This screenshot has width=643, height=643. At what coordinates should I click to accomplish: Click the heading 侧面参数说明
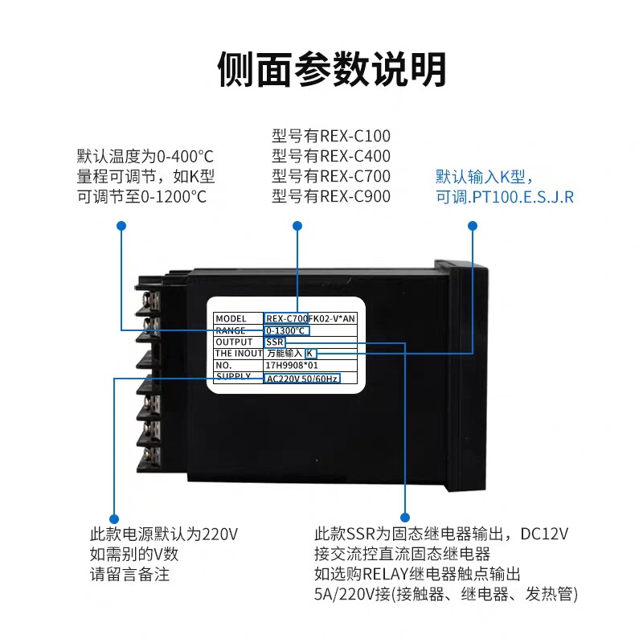click(331, 69)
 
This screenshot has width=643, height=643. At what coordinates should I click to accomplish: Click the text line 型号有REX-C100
click(331, 136)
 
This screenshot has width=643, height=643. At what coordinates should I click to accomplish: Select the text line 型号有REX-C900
click(331, 196)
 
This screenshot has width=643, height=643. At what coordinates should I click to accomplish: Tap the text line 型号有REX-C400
click(331, 156)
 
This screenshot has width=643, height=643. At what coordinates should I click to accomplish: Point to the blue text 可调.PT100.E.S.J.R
click(505, 196)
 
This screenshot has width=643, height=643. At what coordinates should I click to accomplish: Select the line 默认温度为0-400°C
click(145, 156)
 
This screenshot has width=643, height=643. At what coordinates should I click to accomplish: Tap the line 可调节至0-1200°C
click(142, 196)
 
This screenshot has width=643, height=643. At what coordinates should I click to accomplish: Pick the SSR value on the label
click(275, 342)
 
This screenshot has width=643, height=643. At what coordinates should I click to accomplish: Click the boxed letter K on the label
click(311, 353)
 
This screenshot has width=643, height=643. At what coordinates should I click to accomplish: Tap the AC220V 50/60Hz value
click(301, 378)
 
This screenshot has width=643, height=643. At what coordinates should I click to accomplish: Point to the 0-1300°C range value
click(286, 330)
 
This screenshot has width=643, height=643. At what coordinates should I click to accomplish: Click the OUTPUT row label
click(234, 342)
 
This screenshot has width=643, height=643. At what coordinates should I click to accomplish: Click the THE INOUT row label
click(238, 353)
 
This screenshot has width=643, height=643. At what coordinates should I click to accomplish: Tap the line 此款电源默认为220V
click(163, 534)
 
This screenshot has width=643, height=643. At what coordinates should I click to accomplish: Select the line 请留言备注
click(129, 575)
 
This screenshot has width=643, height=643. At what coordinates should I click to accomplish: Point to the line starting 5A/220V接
click(446, 595)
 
